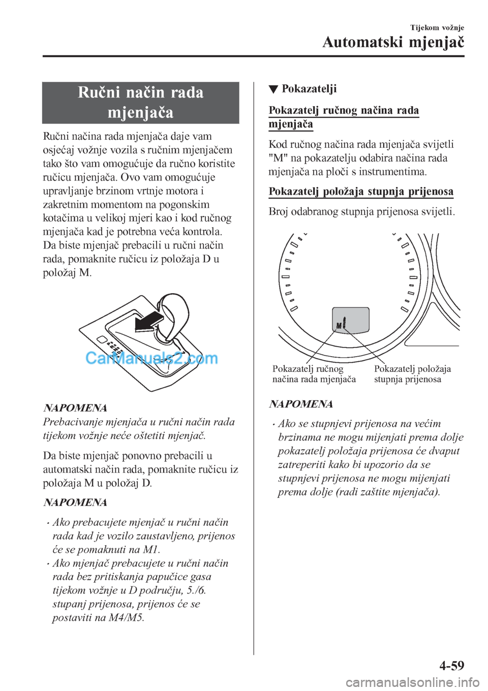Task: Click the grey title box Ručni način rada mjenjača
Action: coord(141,102)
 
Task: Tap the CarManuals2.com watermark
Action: coord(151,358)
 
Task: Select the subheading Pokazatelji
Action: coord(309,89)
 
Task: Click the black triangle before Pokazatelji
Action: coord(272,90)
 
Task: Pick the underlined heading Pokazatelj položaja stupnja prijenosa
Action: coord(361,192)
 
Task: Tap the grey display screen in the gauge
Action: coord(351,319)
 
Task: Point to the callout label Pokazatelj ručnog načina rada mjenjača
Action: coord(314,374)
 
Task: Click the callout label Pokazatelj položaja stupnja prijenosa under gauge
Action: coord(412,374)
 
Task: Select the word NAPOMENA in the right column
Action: coord(301,404)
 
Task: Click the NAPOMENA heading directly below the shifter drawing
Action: coord(75,408)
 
